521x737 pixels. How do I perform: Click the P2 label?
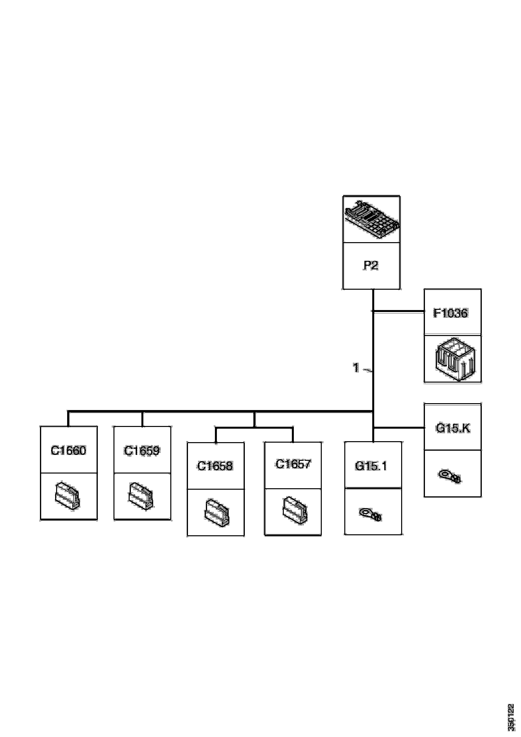(371, 265)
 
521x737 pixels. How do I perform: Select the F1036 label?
(451, 313)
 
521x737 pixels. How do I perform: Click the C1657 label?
(293, 464)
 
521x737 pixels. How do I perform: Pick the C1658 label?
(215, 466)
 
